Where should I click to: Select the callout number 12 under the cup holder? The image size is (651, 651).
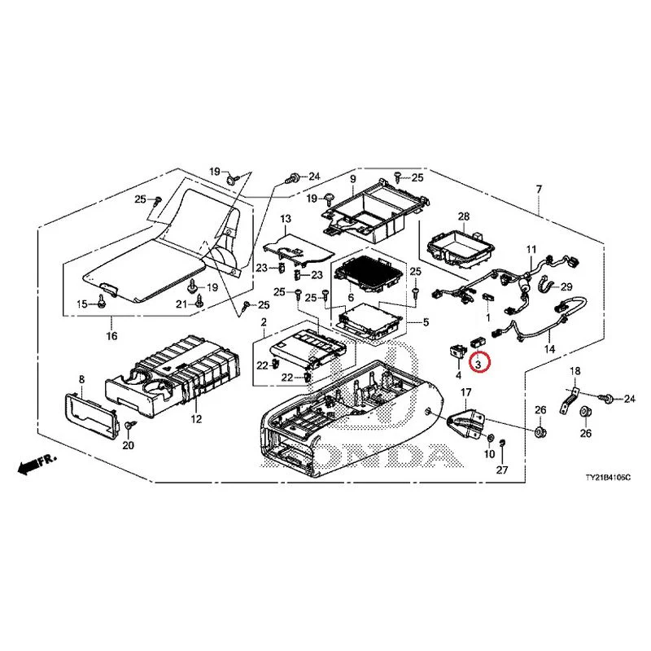coord(196,419)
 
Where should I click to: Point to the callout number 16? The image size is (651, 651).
coord(111,336)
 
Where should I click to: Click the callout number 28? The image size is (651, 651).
coord(463,216)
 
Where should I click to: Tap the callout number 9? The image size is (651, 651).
coord(353,178)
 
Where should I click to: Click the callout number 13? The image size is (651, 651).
coord(285,220)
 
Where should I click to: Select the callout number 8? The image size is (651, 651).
coord(81,380)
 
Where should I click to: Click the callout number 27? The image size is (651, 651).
coord(502,470)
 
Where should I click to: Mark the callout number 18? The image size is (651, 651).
coord(575,371)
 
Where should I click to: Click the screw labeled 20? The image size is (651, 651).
coord(130,426)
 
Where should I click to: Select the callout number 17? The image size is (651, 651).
coord(466,392)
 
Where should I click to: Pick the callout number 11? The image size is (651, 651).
coord(531,248)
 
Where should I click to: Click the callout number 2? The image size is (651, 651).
coord(264,323)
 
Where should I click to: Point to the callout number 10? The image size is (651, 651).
coord(489,452)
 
